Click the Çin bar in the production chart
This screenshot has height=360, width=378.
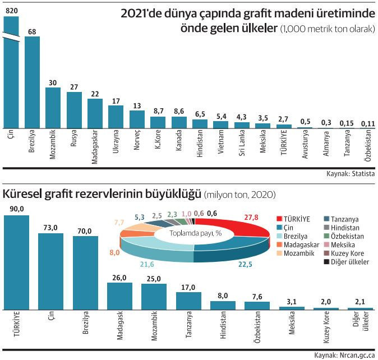point(11,73)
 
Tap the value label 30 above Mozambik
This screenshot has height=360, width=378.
point(53,82)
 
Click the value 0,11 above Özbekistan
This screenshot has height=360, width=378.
point(368,123)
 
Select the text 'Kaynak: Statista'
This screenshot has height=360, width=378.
point(351,174)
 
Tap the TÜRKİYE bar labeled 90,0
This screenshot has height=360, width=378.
point(16,261)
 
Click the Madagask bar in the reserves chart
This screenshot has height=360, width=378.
point(119,296)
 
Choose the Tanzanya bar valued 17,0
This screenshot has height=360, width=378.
point(188,300)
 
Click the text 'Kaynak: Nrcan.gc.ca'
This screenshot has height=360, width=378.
point(344,355)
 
